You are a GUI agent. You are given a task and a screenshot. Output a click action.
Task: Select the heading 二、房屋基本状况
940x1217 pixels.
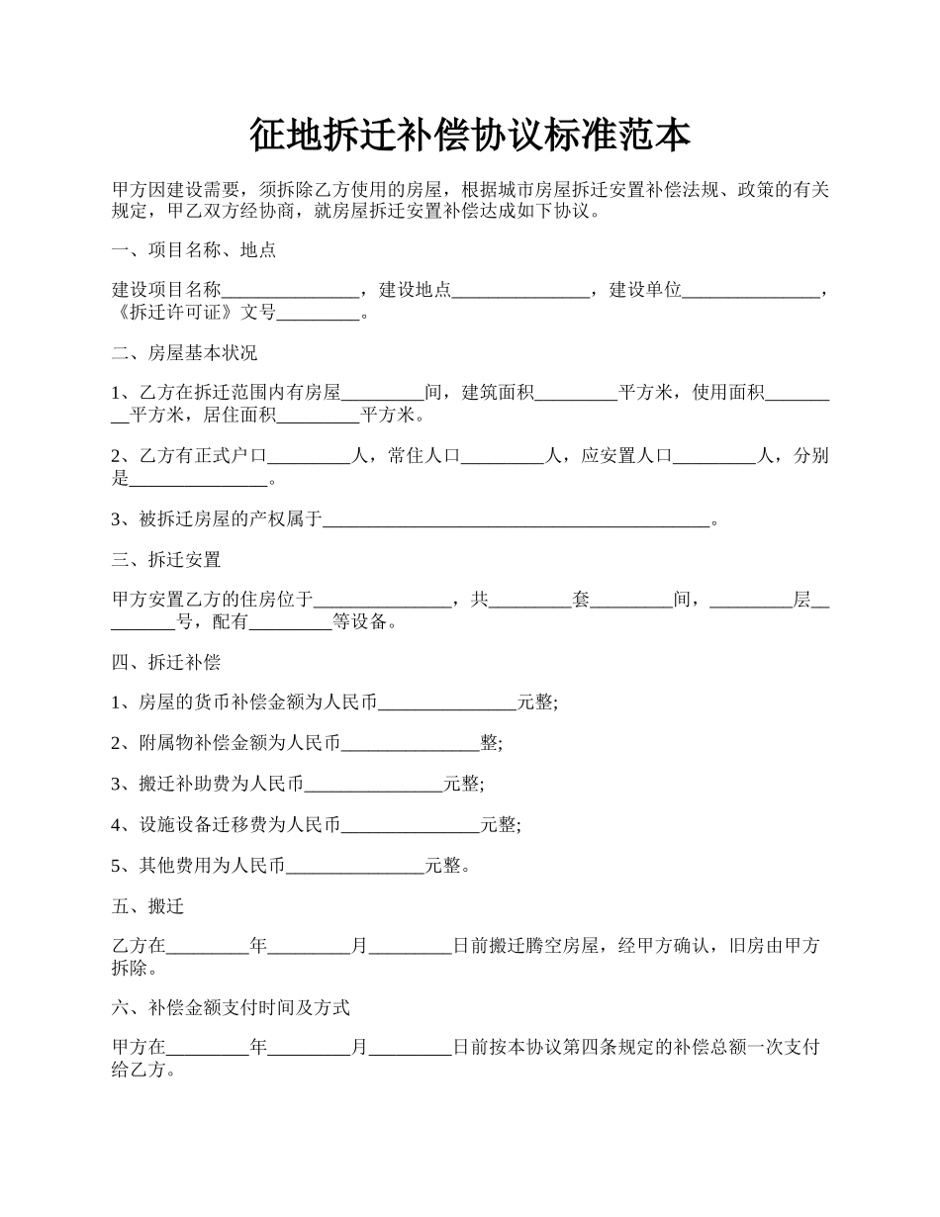[185, 353]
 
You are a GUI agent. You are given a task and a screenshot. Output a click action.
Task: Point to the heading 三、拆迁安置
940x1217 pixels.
[166, 560]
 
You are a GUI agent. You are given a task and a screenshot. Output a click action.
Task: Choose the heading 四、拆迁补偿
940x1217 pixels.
[166, 663]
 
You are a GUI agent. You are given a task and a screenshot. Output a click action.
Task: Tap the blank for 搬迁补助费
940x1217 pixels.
[373, 785]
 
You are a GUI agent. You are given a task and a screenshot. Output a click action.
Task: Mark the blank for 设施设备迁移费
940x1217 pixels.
[411, 825]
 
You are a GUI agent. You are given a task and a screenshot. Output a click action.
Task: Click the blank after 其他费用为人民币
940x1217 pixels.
[355, 867]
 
